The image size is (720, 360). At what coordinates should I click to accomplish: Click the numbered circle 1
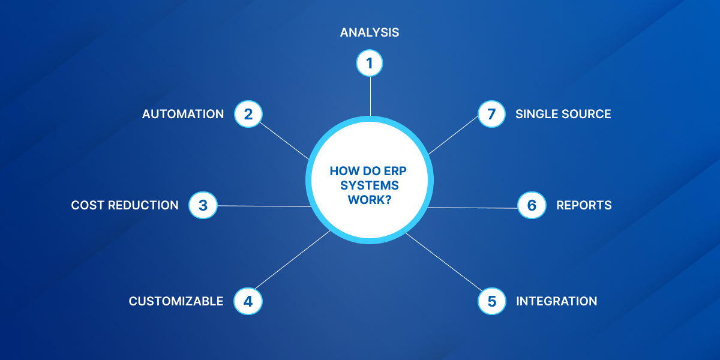(x=370, y=63)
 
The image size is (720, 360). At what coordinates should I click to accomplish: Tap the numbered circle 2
(x=248, y=114)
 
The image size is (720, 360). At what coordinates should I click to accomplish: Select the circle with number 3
(x=203, y=205)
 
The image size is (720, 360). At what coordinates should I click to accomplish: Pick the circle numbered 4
(x=248, y=301)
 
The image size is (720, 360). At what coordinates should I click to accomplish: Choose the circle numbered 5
(x=492, y=301)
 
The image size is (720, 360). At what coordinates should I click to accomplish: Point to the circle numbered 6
(x=532, y=205)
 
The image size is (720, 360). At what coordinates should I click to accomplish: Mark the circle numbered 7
(x=492, y=114)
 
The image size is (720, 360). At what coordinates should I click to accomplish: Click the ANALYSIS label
(x=370, y=32)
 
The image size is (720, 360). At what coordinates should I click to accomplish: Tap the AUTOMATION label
(x=183, y=114)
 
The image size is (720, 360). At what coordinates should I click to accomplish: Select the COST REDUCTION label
(x=125, y=205)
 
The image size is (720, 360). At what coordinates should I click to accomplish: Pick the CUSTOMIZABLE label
(x=176, y=301)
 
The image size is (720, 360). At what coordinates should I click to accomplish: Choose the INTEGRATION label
(x=557, y=301)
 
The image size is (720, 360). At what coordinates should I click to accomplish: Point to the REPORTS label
(x=584, y=205)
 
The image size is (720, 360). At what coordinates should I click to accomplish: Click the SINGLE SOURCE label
(x=563, y=114)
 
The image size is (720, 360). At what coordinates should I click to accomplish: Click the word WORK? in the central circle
(x=370, y=200)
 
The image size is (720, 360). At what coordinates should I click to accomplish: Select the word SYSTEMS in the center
(x=370, y=185)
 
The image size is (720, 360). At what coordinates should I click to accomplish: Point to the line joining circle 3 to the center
(x=264, y=206)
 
